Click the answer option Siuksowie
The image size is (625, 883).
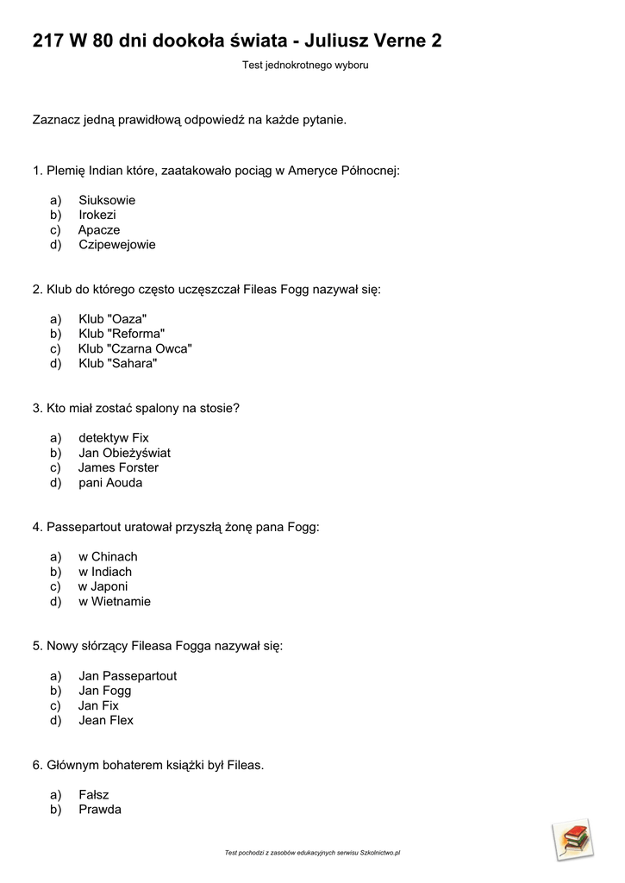tap(106, 200)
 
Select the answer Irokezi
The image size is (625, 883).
tap(97, 215)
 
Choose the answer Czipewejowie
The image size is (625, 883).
tap(116, 244)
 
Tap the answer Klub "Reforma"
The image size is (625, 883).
tap(121, 334)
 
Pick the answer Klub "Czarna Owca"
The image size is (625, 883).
tap(134, 348)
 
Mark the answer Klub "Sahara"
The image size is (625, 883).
tap(117, 363)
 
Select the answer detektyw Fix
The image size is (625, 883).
tap(113, 438)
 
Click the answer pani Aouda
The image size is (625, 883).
tap(110, 482)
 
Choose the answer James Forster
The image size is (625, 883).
tap(118, 467)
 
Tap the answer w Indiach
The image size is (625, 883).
tap(105, 572)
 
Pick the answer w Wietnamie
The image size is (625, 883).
tap(114, 601)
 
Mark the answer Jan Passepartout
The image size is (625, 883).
tap(127, 676)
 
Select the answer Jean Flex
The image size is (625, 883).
tap(105, 720)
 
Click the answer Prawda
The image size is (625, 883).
tap(99, 810)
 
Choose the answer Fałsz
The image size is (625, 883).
tap(93, 795)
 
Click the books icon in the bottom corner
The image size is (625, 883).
tap(572, 839)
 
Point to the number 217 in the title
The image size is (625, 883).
tap(47, 41)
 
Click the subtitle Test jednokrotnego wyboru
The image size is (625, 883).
tap(304, 65)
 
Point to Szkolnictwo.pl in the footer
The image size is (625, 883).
tap(379, 853)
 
